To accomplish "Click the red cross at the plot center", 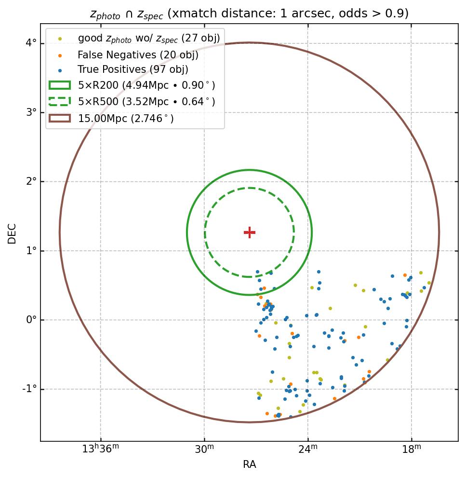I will coord(249,232).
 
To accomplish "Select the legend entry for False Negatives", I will coord(138,55).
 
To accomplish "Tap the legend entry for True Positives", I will coord(133,70).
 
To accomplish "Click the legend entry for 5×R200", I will coord(146,85).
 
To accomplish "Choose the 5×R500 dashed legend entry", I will coord(146,102).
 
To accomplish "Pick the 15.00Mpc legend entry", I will coord(126,118).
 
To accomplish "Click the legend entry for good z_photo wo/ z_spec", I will coord(148,39).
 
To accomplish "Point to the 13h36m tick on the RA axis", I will coord(100,450).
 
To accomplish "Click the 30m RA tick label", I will coord(204,450).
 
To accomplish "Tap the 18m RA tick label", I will coord(412,450).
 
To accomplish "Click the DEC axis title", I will coord(12,233).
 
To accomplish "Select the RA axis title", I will coord(249,464).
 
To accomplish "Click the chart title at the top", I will coord(249,14).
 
